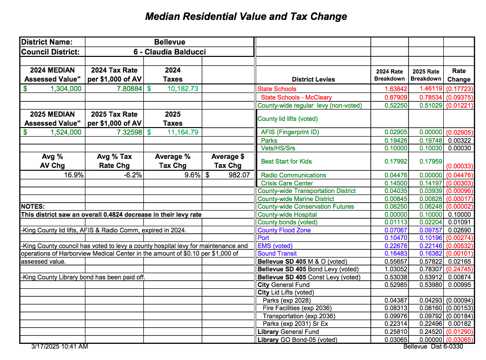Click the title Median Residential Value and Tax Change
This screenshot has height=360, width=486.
246,17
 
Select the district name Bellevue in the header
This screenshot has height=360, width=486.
169,42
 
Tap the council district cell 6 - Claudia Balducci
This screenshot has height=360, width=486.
169,52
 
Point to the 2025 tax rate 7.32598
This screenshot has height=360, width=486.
126,132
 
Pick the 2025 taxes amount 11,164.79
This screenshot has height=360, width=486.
182,132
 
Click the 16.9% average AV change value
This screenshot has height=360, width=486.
74,175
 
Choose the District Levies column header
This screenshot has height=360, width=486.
313,79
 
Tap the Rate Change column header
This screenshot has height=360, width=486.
458,75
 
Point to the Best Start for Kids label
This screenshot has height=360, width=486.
286,161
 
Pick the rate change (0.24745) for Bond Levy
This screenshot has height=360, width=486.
458,269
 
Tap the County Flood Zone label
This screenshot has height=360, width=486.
284,230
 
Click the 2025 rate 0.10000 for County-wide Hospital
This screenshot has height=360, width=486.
426,214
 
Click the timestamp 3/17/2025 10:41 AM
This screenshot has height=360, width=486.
59,346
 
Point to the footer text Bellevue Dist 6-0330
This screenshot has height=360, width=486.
433,346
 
